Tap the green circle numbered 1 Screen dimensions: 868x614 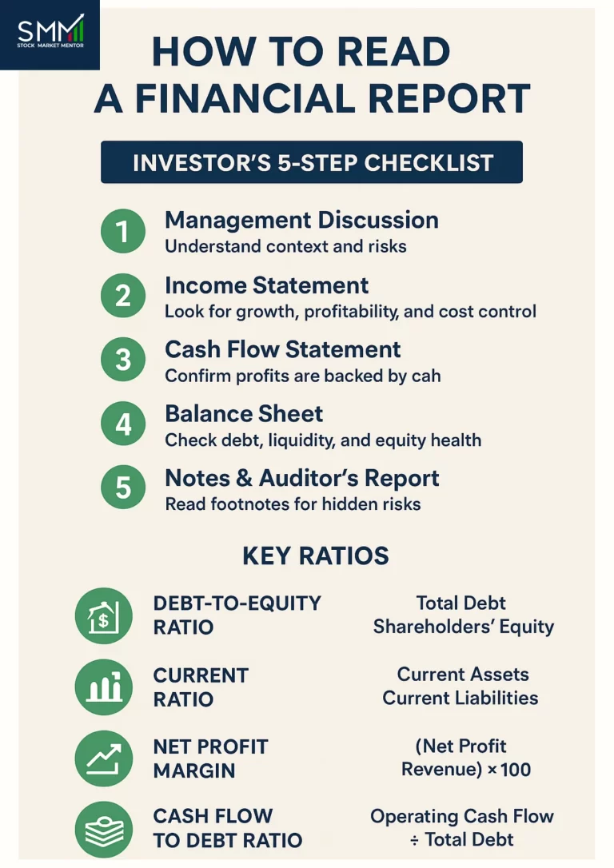coord(123,232)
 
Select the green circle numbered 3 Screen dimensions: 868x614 coord(123,360)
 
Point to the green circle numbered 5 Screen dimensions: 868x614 coord(123,488)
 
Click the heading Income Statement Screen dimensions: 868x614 coord(266,285)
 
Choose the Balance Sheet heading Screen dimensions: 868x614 coord(244,413)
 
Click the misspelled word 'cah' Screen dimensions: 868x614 coord(425,376)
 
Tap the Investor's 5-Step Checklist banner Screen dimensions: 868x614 coord(312,162)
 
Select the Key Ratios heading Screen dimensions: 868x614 coord(316,555)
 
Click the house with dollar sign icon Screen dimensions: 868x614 coord(103,616)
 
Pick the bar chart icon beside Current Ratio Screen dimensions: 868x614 coord(103,687)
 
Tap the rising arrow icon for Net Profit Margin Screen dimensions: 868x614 coord(103,759)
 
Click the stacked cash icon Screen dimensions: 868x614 coord(103,829)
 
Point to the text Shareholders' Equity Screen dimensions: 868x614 coord(463,627)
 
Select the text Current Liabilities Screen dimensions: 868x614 coord(460,698)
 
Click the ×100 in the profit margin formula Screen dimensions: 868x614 coord(510,770)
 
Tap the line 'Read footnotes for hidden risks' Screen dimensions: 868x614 coord(293,504)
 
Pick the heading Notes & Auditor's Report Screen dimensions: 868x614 coord(301,478)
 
